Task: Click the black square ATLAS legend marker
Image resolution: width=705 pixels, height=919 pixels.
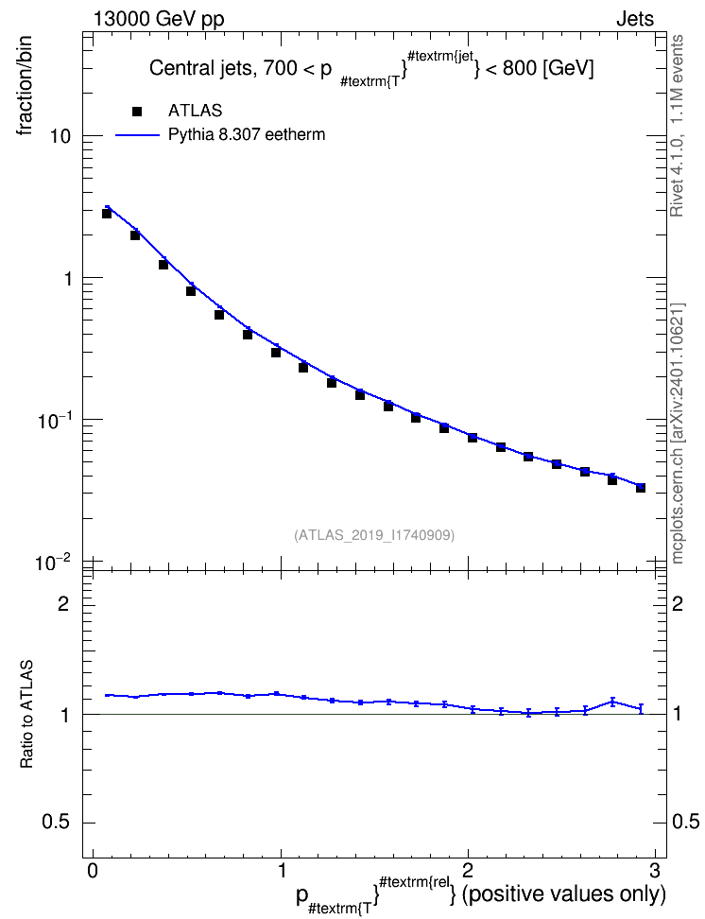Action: click(137, 111)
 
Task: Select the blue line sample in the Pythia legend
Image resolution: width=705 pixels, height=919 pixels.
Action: click(137, 135)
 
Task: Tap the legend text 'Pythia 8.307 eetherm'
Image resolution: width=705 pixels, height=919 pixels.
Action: click(247, 135)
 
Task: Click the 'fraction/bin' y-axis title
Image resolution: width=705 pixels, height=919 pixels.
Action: click(24, 85)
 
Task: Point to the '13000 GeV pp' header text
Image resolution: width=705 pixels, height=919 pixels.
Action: click(158, 19)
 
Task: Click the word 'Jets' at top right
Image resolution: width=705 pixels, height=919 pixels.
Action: click(635, 19)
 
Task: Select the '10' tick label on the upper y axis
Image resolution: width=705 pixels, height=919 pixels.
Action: click(59, 136)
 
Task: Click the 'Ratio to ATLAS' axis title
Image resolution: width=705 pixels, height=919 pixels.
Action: click(26, 714)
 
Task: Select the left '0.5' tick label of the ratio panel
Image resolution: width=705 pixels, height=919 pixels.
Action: click(57, 823)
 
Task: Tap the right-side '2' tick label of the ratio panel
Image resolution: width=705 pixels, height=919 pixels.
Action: click(677, 603)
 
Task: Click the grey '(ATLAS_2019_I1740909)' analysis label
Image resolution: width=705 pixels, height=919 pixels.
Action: click(374, 534)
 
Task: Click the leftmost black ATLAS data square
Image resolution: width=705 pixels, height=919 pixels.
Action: click(107, 214)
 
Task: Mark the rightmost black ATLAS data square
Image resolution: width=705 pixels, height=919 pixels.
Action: click(641, 488)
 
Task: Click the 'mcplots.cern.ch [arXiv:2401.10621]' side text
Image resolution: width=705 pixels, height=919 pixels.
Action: click(678, 434)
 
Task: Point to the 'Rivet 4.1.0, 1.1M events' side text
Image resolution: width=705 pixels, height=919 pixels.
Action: click(677, 126)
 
